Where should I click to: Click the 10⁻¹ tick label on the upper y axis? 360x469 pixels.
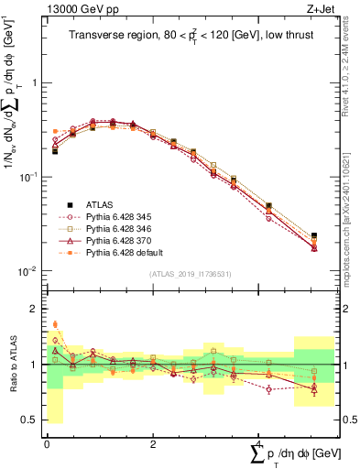pyautogui.click(x=30, y=177)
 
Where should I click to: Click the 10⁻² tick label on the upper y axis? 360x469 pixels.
pyautogui.click(x=30, y=271)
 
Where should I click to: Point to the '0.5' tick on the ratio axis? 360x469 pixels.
pyautogui.click(x=31, y=420)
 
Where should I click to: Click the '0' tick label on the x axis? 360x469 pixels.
pyautogui.click(x=47, y=442)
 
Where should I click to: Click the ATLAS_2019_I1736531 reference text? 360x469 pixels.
pyautogui.click(x=191, y=275)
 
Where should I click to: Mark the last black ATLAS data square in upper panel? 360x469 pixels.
pyautogui.click(x=314, y=235)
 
